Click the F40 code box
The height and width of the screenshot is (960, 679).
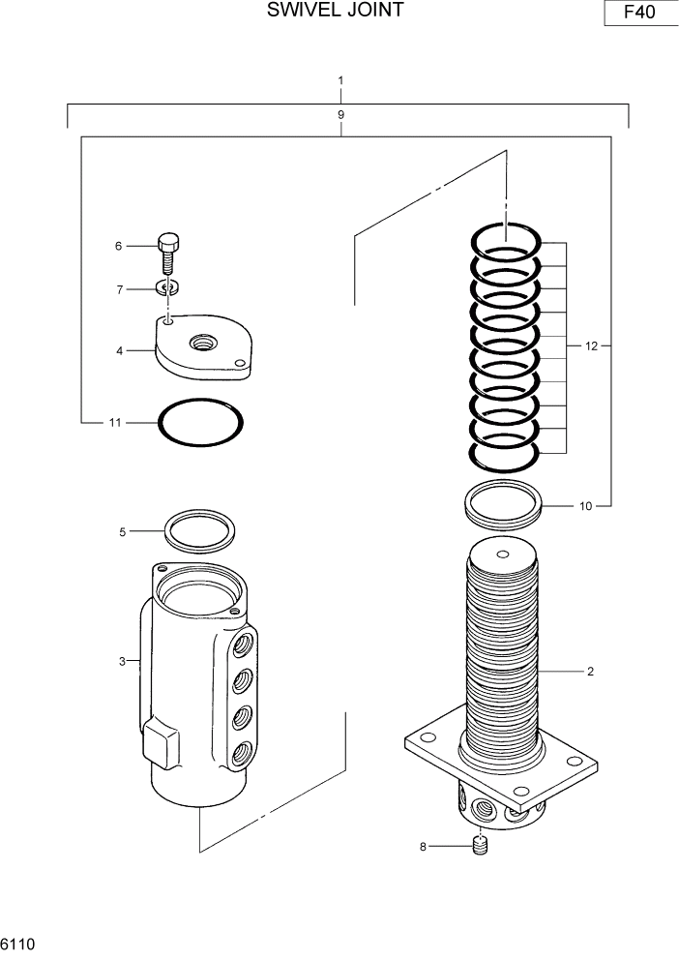(638, 15)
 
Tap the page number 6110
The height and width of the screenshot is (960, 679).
(18, 942)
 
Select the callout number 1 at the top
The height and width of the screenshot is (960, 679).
(340, 79)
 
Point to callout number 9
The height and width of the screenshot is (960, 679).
(340, 114)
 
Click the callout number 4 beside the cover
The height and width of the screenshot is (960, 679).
(120, 350)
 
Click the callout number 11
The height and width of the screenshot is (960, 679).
(114, 422)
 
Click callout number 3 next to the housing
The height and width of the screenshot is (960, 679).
(122, 661)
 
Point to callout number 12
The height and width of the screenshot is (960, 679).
(591, 345)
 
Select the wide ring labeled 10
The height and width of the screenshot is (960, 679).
(502, 504)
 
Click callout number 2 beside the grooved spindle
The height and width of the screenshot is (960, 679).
(589, 671)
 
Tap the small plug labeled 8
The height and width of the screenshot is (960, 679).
(481, 847)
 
